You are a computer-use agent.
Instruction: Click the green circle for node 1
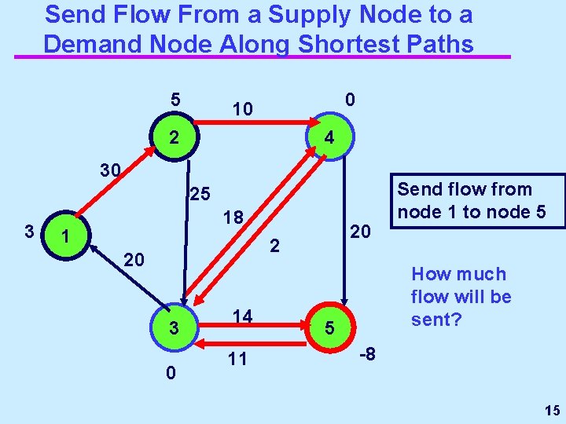(68, 235)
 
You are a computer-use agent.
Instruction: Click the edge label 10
(242, 109)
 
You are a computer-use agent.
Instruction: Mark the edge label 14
(241, 316)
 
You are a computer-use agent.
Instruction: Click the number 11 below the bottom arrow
(237, 360)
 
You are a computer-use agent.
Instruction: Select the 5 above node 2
(176, 101)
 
